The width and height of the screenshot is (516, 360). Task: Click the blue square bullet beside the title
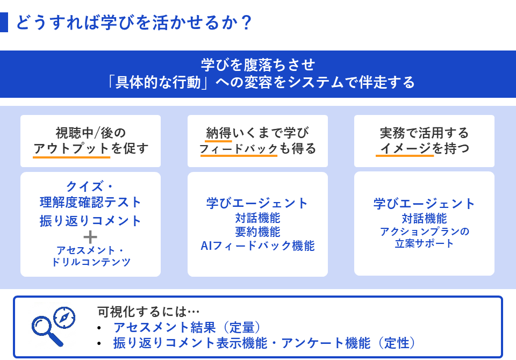pyautogui.click(x=4, y=23)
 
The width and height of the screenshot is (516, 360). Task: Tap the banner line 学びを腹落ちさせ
pyautogui.click(x=257, y=64)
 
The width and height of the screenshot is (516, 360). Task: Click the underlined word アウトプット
pyautogui.click(x=71, y=149)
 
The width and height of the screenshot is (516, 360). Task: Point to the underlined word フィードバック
pyautogui.click(x=238, y=149)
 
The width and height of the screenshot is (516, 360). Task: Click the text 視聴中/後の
pyautogui.click(x=90, y=132)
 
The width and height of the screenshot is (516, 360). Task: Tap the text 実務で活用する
pyautogui.click(x=424, y=132)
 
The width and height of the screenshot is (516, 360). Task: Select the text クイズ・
pyautogui.click(x=90, y=187)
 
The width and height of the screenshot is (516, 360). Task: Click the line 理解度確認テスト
pyautogui.click(x=90, y=203)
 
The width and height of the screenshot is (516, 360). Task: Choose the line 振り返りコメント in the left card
pyautogui.click(x=90, y=220)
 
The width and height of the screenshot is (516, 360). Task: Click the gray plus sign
pyautogui.click(x=90, y=236)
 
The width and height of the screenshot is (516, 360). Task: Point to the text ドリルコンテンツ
pyautogui.click(x=90, y=262)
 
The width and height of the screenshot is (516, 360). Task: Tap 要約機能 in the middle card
pyautogui.click(x=257, y=232)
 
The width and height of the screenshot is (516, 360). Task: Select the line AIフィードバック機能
pyautogui.click(x=257, y=246)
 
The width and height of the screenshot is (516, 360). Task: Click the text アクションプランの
pyautogui.click(x=424, y=232)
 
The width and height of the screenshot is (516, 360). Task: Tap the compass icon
pyautogui.click(x=64, y=318)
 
